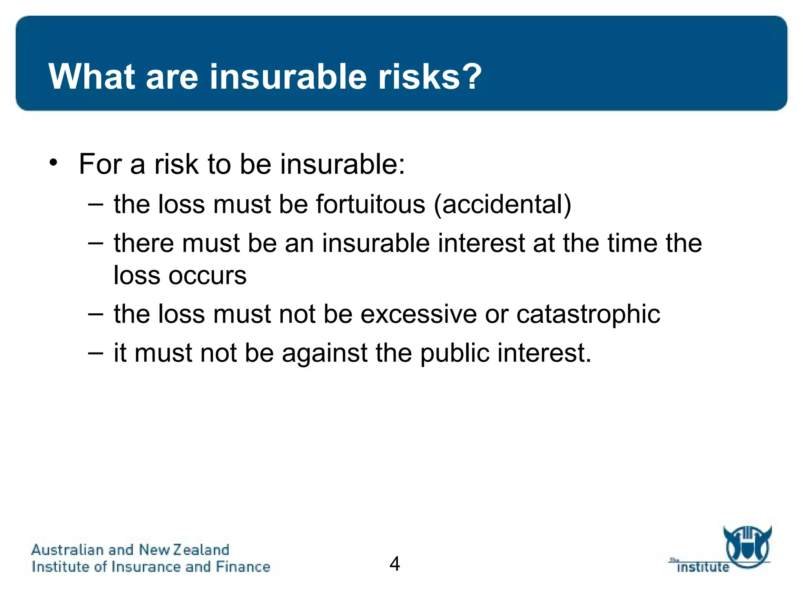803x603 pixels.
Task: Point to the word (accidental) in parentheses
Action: tap(503, 205)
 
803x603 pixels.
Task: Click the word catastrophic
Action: tap(588, 314)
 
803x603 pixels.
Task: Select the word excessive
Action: tap(418, 314)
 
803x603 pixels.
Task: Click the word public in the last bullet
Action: tap(455, 353)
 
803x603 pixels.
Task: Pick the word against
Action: tap(324, 354)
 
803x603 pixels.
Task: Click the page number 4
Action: tap(394, 564)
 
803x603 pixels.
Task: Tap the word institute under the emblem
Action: tap(703, 567)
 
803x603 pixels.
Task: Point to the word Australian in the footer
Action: tap(67, 550)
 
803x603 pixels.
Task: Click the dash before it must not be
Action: tap(96, 353)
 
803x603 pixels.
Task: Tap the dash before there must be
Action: tap(96, 243)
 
